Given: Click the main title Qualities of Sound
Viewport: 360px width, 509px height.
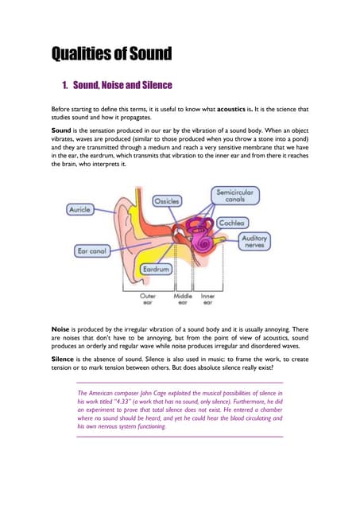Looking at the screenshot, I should point(111,54).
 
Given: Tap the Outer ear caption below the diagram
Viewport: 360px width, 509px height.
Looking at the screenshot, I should point(148,299).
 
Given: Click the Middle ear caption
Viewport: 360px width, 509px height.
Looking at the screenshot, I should point(184,299).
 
